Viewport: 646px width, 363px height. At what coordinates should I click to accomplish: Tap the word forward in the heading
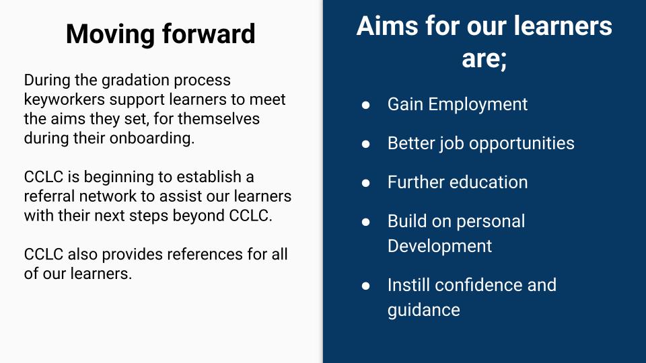(209, 34)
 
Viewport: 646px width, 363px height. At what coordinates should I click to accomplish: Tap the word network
(108, 196)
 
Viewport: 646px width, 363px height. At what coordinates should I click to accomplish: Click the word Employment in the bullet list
(478, 105)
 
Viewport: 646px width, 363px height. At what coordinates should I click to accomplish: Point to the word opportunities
(522, 144)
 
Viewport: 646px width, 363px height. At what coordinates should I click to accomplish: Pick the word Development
(439, 247)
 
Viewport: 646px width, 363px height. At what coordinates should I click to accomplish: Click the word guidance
(423, 311)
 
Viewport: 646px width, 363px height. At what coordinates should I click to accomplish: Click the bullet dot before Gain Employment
(366, 105)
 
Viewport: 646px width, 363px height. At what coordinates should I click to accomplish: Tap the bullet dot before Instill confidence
(366, 286)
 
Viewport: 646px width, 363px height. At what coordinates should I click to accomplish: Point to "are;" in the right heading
(484, 59)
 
